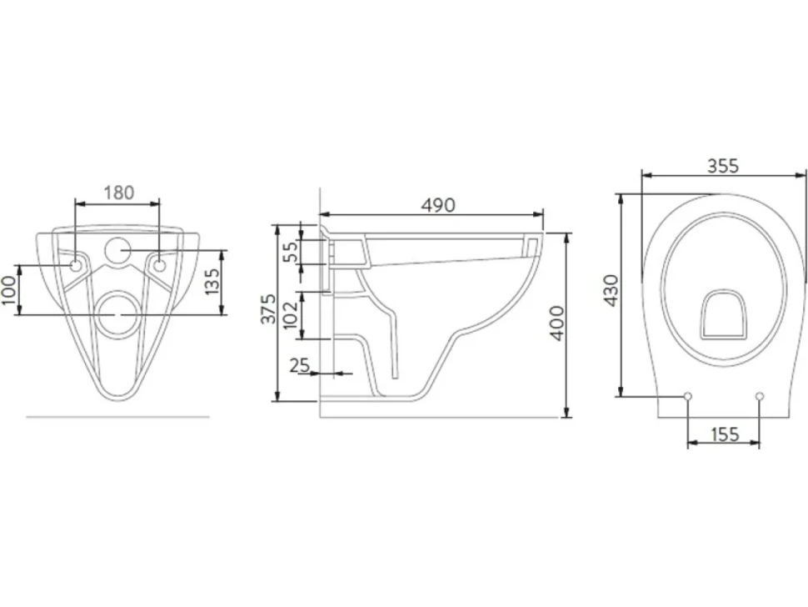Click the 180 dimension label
pyautogui.click(x=119, y=193)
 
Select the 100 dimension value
pyautogui.click(x=9, y=290)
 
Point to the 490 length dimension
pyautogui.click(x=438, y=205)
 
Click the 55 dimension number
pyautogui.click(x=292, y=252)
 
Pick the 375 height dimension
pyautogui.click(x=268, y=309)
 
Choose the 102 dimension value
pyautogui.click(x=291, y=314)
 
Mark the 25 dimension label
pyautogui.click(x=299, y=365)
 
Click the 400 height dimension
pyautogui.click(x=557, y=324)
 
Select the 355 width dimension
pyautogui.click(x=722, y=166)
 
